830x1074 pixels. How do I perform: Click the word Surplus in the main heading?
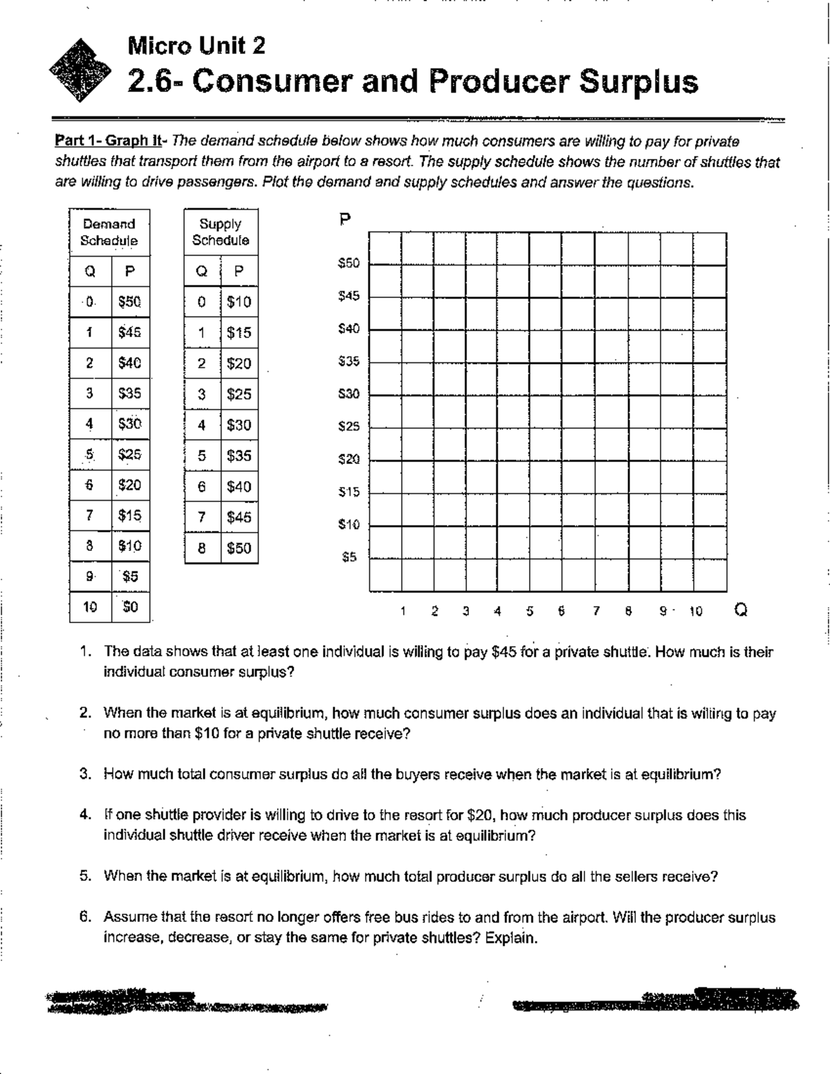638,82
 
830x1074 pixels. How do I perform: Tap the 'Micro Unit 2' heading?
196,46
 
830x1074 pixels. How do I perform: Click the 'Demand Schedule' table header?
109,232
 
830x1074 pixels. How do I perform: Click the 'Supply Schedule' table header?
221,232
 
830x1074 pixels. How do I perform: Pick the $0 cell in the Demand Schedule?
130,607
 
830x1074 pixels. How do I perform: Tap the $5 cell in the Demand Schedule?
130,577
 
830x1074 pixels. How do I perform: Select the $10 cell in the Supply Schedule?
239,302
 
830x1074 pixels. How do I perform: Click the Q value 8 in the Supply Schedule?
201,548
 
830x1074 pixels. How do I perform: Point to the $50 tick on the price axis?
349,263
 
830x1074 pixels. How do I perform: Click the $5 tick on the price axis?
350,557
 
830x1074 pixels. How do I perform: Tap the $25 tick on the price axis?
349,427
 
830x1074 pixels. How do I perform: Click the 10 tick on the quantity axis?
695,611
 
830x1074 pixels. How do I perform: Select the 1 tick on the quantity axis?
402,611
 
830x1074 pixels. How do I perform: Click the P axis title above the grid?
345,221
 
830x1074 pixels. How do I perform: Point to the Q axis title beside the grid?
741,611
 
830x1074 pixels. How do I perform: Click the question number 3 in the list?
85,775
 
